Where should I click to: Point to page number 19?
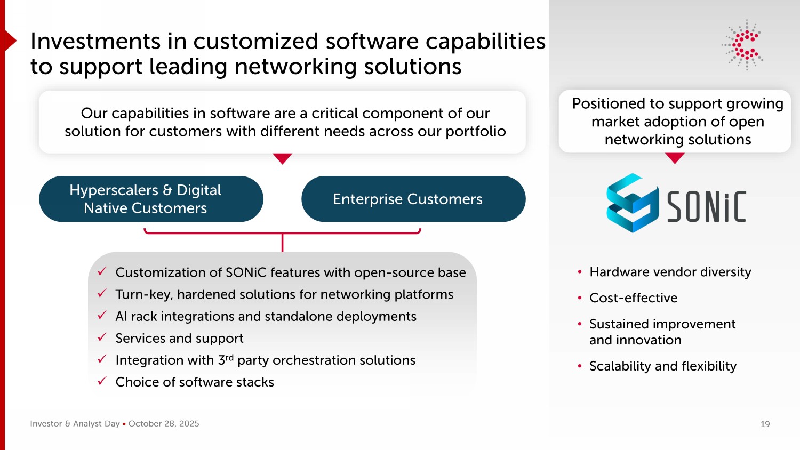click(765, 424)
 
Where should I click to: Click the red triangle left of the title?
click(10, 41)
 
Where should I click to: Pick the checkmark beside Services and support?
click(102, 337)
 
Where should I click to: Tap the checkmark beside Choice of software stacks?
click(102, 381)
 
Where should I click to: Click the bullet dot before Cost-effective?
click(579, 298)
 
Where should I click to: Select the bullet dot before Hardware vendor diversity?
click(579, 272)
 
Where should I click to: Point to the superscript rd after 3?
click(229, 357)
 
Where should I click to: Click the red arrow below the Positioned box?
click(675, 158)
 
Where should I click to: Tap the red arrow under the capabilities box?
click(282, 159)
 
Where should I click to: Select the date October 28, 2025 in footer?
click(164, 424)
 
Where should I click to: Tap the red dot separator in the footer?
click(124, 424)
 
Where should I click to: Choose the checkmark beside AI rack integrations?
click(102, 316)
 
